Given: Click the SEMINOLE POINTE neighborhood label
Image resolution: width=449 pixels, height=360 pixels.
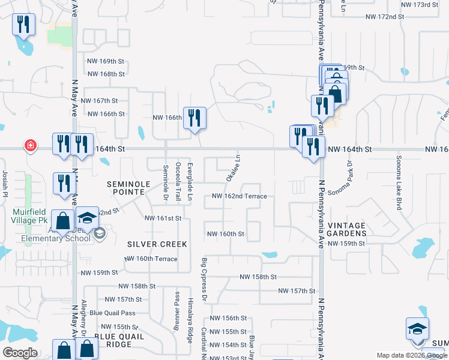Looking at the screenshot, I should coord(126,187).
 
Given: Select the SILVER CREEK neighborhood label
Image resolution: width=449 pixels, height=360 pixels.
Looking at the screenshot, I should coord(157,244).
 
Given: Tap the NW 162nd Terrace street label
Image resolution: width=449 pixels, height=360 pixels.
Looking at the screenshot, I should coord(240,196).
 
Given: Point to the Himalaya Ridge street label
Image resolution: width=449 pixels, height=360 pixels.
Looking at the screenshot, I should coord(190,320).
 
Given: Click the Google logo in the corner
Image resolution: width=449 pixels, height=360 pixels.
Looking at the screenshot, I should coord(20,353).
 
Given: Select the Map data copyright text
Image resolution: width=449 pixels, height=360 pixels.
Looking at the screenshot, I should coord(412,355).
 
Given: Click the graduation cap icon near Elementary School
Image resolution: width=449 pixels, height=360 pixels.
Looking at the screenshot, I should coord(88,218).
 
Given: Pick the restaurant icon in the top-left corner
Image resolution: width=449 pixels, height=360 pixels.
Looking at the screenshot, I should coord(23,25).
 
